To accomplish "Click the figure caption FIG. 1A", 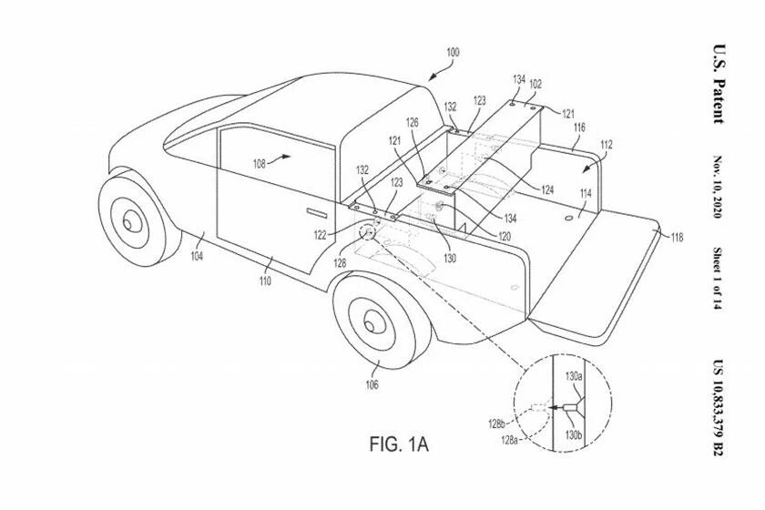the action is pyautogui.click(x=399, y=444).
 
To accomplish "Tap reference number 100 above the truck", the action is pyautogui.click(x=453, y=52).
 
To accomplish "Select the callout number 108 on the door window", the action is pyautogui.click(x=259, y=164).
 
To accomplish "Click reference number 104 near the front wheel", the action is pyautogui.click(x=197, y=256).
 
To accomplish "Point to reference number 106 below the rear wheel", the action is pyautogui.click(x=372, y=384).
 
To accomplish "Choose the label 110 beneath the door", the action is pyautogui.click(x=265, y=280).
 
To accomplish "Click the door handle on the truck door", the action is pyautogui.click(x=317, y=212).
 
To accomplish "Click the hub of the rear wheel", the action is pyautogui.click(x=371, y=324).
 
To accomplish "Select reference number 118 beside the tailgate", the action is pyautogui.click(x=677, y=238).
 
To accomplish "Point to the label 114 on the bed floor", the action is pyautogui.click(x=586, y=194).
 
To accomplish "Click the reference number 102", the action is pyautogui.click(x=535, y=84).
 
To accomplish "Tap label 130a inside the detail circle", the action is pyautogui.click(x=574, y=376).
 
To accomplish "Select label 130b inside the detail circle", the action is pyautogui.click(x=574, y=434).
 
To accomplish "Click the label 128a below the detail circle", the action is pyautogui.click(x=509, y=440).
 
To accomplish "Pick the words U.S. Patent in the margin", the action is pyautogui.click(x=719, y=84).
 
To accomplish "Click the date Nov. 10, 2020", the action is pyautogui.click(x=718, y=187).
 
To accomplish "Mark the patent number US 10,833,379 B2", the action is pyautogui.click(x=719, y=408).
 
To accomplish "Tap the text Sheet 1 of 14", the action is pyautogui.click(x=718, y=278).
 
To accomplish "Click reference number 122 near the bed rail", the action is pyautogui.click(x=320, y=235).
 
